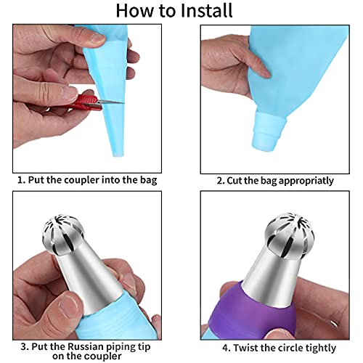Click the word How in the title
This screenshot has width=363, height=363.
pos(136,10)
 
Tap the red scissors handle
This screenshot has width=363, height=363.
pos(87,102)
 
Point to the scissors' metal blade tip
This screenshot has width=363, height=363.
pos(123,103)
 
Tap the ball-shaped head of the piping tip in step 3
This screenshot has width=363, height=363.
pos(64,234)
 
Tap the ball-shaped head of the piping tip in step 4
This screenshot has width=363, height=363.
pos(289,237)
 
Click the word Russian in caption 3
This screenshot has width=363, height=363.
pos(84,346)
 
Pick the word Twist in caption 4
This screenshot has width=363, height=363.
pos(245,348)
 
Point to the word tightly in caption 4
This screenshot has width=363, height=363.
pos(320,348)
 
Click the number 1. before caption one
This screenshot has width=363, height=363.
pos(21,180)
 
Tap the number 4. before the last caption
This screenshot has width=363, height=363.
pos(227,348)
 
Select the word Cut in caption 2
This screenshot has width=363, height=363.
pos(233,181)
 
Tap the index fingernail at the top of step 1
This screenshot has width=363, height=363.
pos(97,38)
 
